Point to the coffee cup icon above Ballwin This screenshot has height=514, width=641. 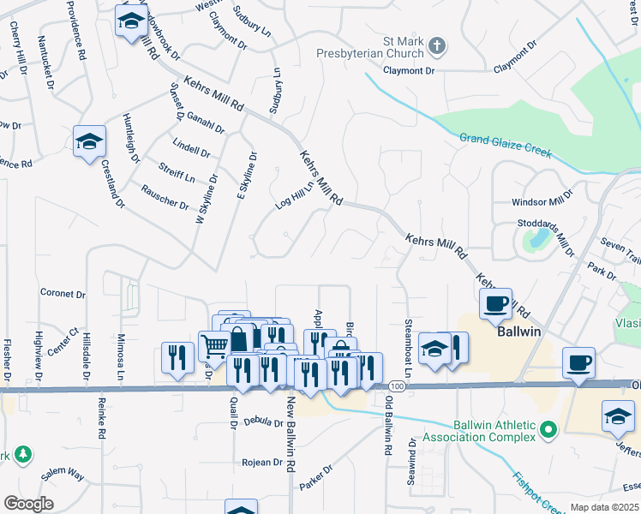tap(495, 303)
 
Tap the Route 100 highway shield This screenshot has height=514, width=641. tap(401, 387)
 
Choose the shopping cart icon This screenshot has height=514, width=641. tap(214, 346)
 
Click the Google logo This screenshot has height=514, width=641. tap(28, 503)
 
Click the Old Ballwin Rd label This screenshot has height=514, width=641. tap(388, 425)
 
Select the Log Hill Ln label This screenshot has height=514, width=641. tap(295, 196)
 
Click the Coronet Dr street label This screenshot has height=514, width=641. tap(63, 293)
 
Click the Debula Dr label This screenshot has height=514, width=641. tap(263, 422)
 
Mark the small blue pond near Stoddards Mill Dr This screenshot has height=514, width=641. tap(537, 241)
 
